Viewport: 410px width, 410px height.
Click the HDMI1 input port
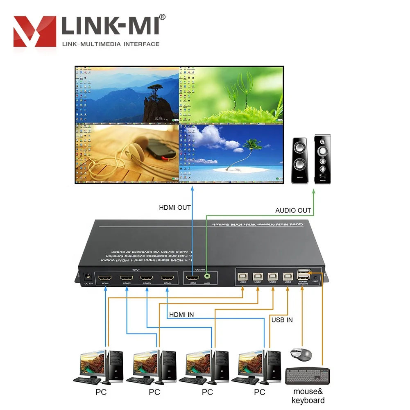tap(106, 278)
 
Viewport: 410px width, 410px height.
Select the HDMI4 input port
tap(167, 278)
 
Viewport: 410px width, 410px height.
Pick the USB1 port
tap(242, 276)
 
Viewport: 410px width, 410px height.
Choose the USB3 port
tap(273, 276)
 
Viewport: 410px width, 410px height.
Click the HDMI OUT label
tap(175, 208)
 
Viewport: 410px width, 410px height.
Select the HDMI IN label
tap(181, 315)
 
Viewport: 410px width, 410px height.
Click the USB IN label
tap(282, 320)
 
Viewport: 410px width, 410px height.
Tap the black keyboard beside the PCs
tap(307, 375)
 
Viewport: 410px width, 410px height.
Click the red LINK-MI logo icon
tap(34, 31)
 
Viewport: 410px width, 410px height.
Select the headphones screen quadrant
tap(127, 152)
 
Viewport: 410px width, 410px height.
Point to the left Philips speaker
tap(300, 160)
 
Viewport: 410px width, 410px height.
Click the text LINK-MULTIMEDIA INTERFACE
tap(111, 44)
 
